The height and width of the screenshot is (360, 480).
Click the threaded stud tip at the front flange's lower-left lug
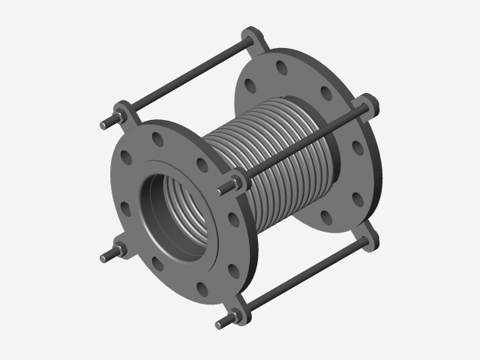(x=103, y=258)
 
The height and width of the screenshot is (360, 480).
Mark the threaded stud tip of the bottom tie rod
(x=220, y=325)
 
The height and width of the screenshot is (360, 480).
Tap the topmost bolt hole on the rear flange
(x=277, y=65)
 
